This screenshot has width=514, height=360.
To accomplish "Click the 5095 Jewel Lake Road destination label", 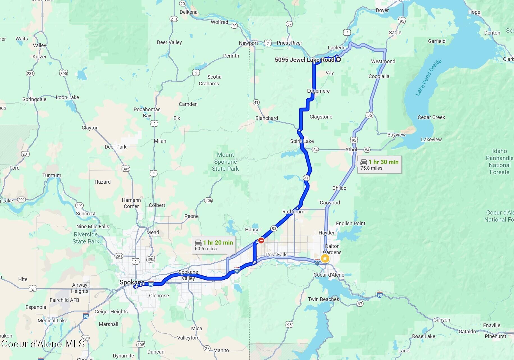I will click(x=304, y=60).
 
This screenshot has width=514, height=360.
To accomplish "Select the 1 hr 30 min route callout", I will click(x=379, y=165).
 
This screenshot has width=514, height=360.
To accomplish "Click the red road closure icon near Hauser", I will click(x=261, y=240).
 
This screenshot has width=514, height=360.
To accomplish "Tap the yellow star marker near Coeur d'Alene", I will click(x=325, y=258).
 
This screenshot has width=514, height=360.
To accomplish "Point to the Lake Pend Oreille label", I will click(x=428, y=78).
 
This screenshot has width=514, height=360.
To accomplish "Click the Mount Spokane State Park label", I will click(x=225, y=162).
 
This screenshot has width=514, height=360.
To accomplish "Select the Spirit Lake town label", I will click(x=302, y=141).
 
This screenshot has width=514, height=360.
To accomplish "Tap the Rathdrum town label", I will click(x=293, y=212).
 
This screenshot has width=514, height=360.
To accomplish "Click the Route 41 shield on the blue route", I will click(x=306, y=178).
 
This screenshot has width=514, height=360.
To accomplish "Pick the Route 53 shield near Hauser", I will click(x=274, y=229).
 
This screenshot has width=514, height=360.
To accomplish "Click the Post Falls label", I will click(x=277, y=255).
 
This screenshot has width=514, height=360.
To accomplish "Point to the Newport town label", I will click(x=248, y=43).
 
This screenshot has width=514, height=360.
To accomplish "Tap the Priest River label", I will click(x=289, y=43).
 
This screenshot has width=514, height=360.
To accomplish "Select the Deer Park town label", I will click(x=115, y=147).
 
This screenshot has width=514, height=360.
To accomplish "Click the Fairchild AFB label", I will click(x=64, y=300).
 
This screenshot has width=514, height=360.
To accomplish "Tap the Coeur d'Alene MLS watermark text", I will click(x=43, y=344).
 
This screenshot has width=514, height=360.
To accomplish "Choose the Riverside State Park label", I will click(x=86, y=238).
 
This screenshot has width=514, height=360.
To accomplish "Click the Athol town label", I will click(x=351, y=150).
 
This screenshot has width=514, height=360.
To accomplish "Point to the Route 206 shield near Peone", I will click(x=209, y=200).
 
